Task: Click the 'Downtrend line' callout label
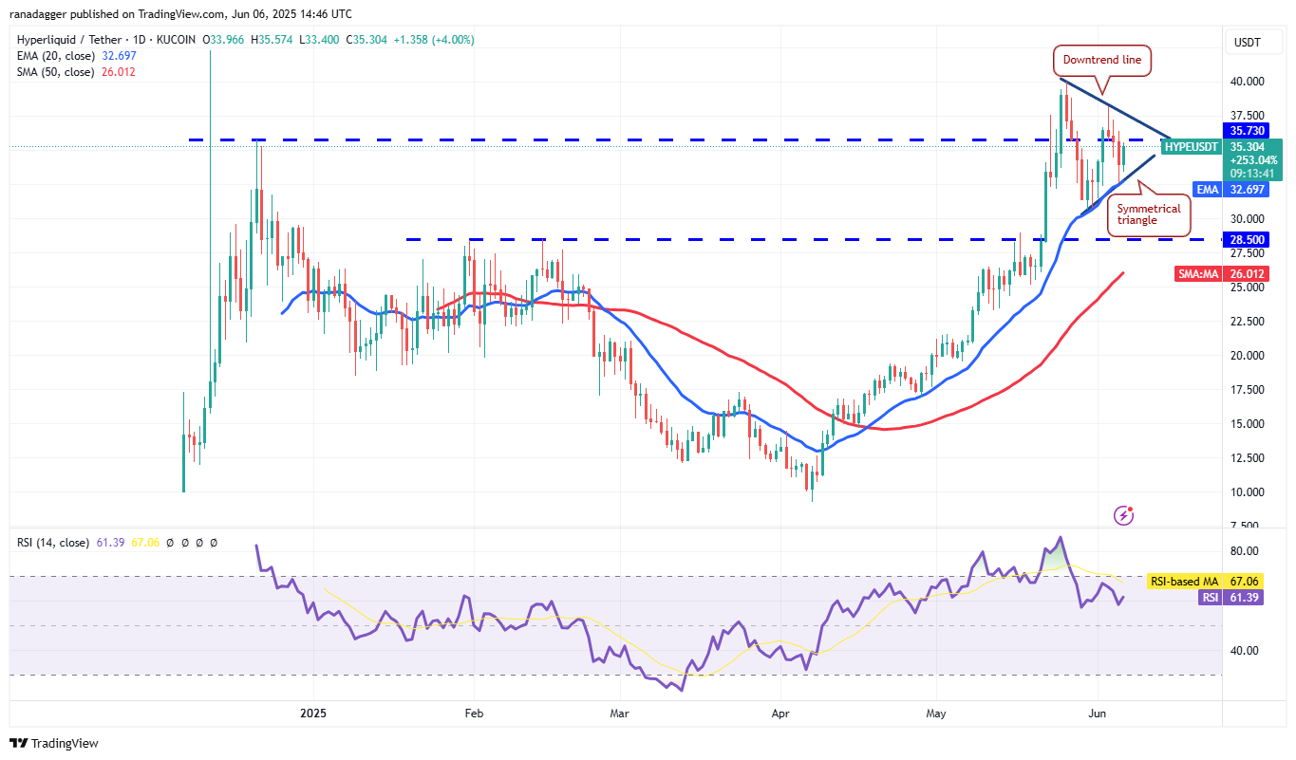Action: click(1102, 61)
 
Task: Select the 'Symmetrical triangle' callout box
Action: click(1149, 213)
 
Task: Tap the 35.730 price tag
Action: click(1247, 130)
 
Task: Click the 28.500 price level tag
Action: click(1247, 239)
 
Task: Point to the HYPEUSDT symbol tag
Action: click(1191, 147)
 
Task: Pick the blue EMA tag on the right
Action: click(1208, 190)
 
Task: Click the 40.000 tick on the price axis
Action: click(1247, 82)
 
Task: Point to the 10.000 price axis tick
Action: click(1247, 491)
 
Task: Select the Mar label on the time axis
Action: click(619, 712)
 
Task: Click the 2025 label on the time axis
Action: click(312, 712)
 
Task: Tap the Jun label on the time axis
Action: click(1098, 712)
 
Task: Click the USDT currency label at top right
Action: click(1247, 42)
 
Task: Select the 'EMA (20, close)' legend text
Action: click(55, 56)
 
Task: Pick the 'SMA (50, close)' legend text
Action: click(55, 71)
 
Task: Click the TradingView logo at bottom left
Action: click(54, 743)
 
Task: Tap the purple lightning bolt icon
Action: click(1124, 515)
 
